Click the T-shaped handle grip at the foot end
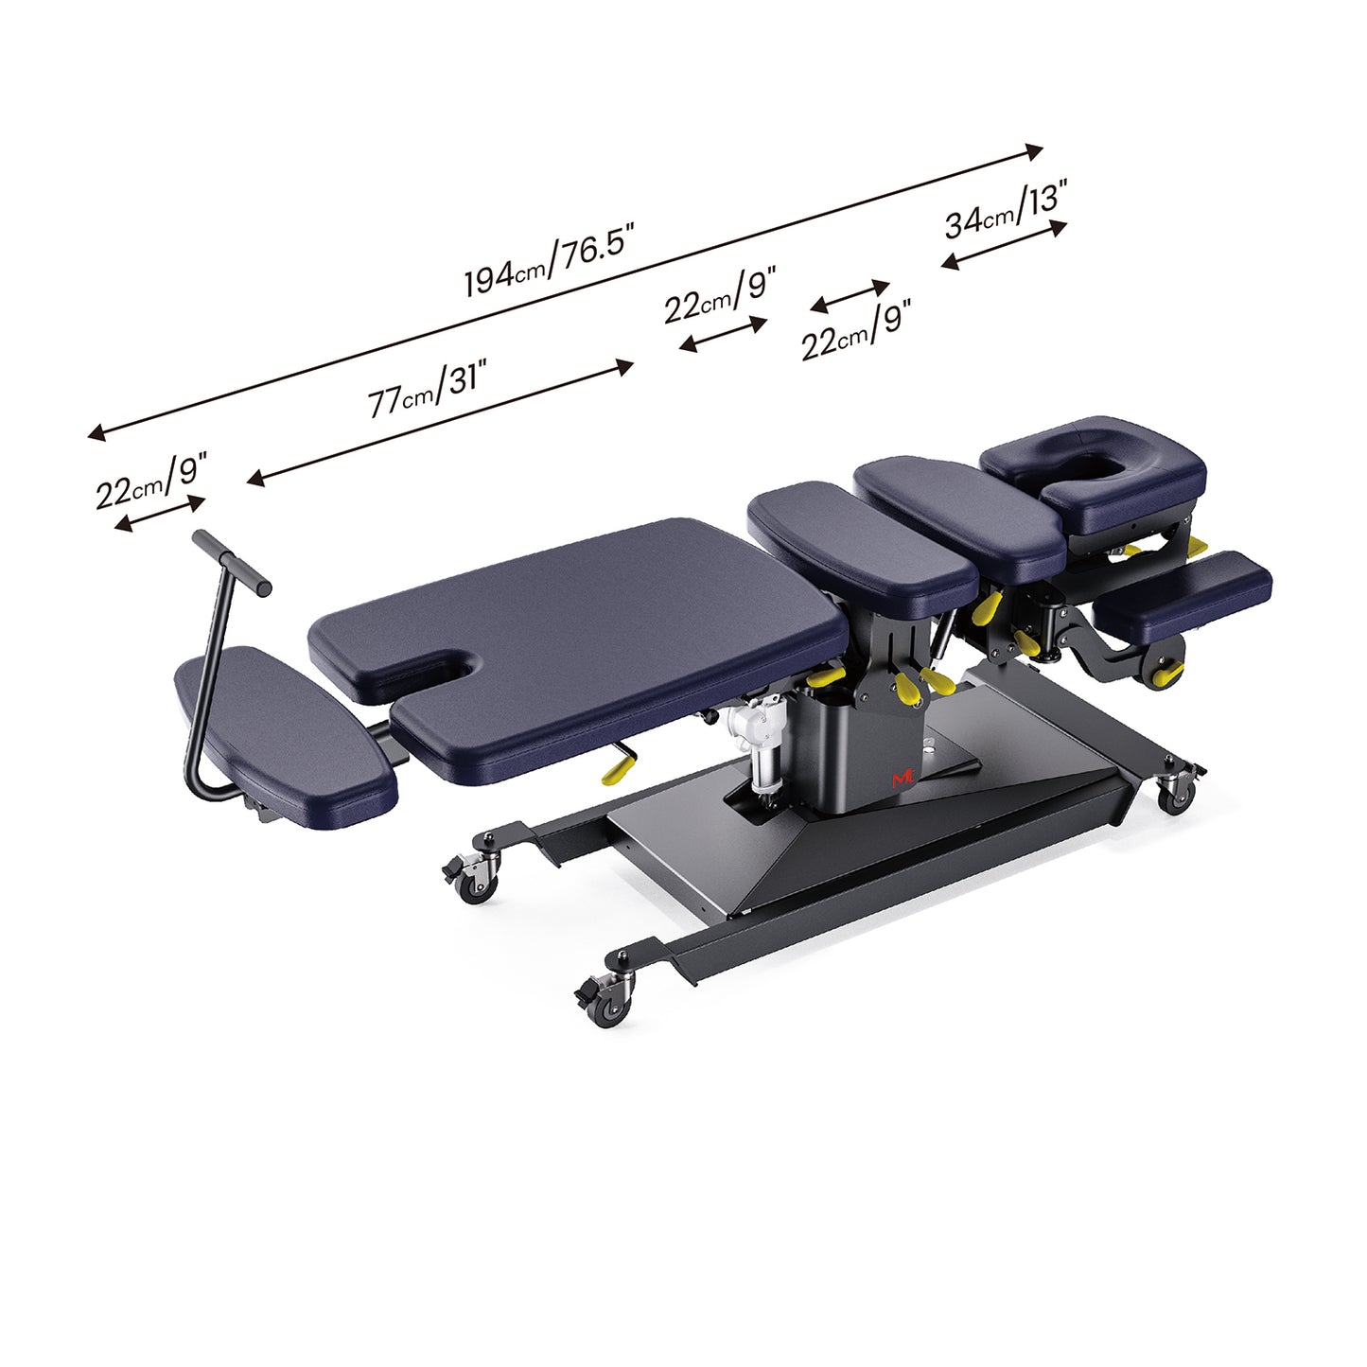coord(232,562)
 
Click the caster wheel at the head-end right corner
coord(1176,797)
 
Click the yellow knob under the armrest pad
coord(1170,673)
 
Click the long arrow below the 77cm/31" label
coord(440,423)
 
